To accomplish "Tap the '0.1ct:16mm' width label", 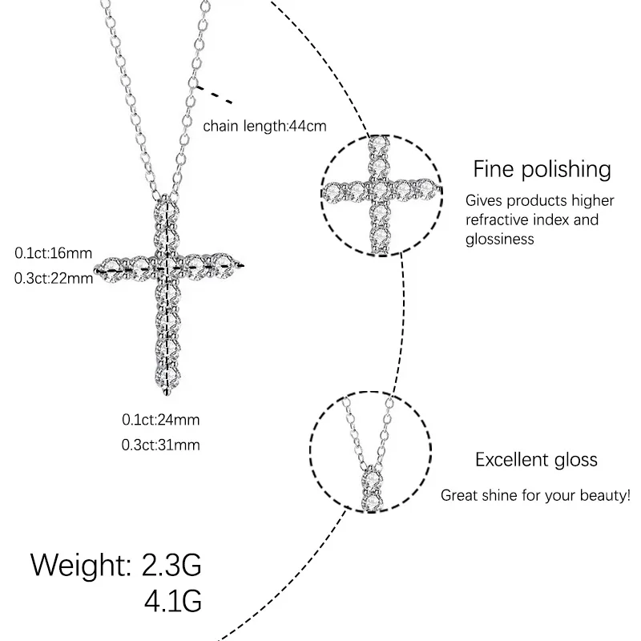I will (x=54, y=253).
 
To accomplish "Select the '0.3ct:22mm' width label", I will (x=54, y=278).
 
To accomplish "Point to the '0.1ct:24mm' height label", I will (x=160, y=419).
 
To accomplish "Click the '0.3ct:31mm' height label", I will (x=160, y=445).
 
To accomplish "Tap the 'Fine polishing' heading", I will (x=542, y=169).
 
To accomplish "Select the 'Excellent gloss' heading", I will (x=536, y=460).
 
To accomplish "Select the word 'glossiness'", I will (x=500, y=239).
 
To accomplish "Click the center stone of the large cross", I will (x=167, y=264).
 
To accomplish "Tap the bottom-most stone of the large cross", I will (x=167, y=374).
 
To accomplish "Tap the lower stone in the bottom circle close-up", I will (x=370, y=502).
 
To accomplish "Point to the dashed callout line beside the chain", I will (x=215, y=95).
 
